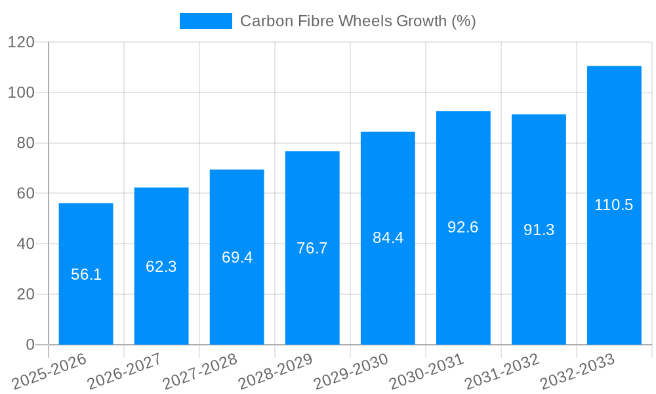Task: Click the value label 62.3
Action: (x=161, y=267)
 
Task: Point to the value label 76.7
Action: (x=312, y=248)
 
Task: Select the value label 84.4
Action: (x=388, y=238)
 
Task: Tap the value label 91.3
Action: (x=539, y=230)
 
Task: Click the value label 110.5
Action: (x=614, y=205)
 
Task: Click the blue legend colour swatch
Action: (x=205, y=21)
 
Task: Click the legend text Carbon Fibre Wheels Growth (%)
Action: (x=358, y=21)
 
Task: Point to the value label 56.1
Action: (x=86, y=274)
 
